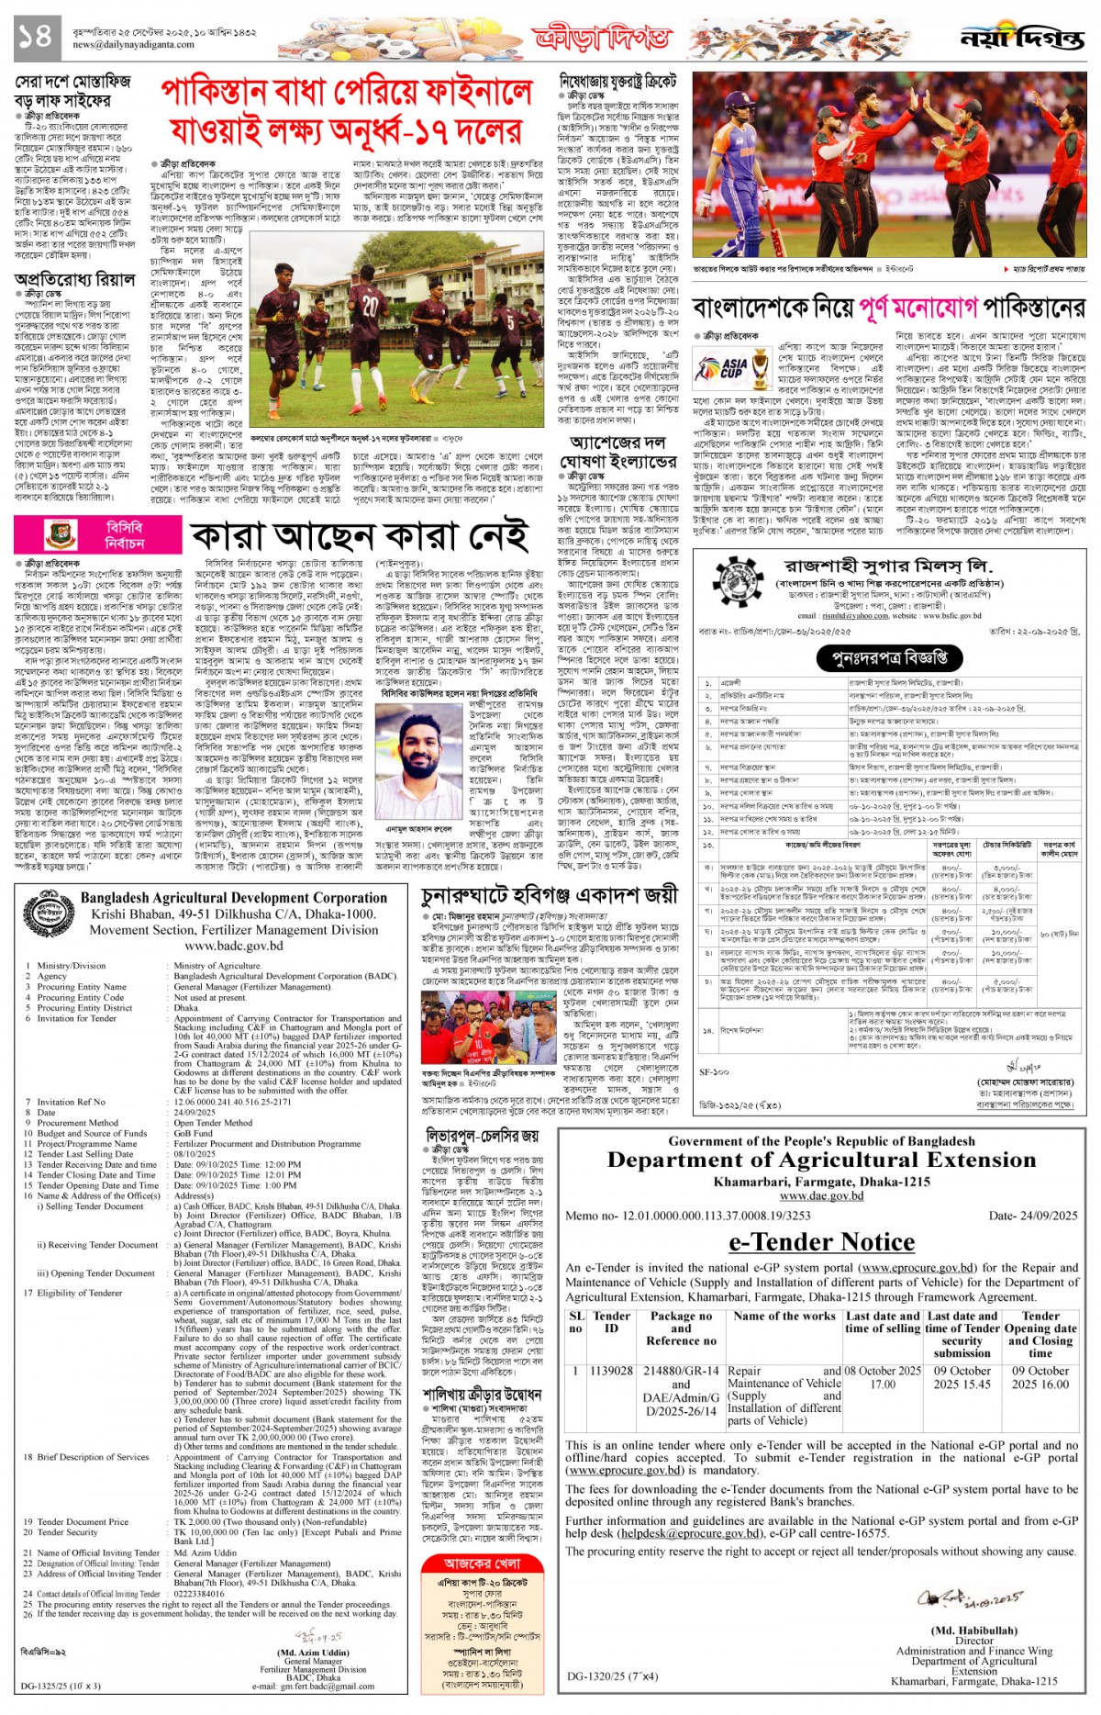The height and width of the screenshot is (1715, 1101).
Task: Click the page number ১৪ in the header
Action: tap(34, 36)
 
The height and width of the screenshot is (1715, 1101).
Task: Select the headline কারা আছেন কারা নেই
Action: tap(360, 536)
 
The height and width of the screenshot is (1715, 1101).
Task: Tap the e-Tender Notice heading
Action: tap(821, 1241)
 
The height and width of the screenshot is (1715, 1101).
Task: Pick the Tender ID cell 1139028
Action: tap(611, 1371)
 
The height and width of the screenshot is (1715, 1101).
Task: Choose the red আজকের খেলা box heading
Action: tap(482, 1564)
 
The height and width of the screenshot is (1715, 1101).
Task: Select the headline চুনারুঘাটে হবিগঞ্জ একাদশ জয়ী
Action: tap(550, 895)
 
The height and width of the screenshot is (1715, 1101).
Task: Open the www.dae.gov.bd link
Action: tap(821, 1195)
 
